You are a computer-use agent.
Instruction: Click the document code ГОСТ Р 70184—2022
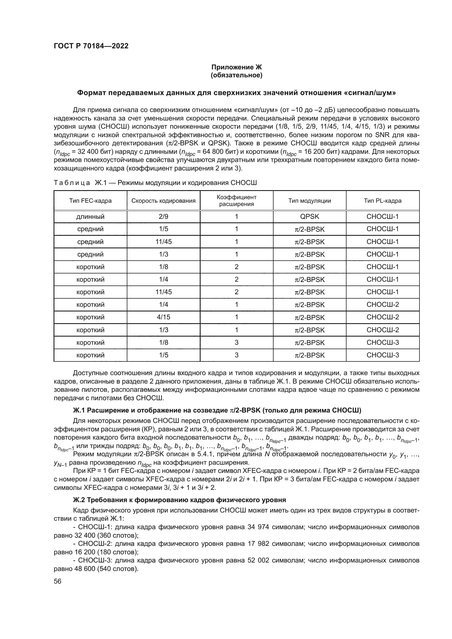point(91,46)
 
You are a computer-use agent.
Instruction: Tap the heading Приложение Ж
point(236,67)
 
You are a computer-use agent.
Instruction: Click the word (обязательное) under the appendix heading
point(236,75)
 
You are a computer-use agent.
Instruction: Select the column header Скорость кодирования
point(163,201)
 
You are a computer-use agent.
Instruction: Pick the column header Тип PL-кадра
point(382,201)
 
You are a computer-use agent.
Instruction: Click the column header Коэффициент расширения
point(236,201)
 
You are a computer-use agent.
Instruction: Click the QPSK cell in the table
point(310,217)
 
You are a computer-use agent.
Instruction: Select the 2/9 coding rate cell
point(163,217)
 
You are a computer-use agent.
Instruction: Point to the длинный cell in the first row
point(90,217)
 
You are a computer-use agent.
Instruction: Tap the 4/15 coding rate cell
point(163,317)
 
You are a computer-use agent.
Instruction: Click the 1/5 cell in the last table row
point(163,355)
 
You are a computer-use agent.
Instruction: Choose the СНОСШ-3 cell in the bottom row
point(382,355)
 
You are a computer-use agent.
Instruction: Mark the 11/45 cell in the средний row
point(163,242)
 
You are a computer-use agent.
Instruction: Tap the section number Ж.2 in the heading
point(79,500)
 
